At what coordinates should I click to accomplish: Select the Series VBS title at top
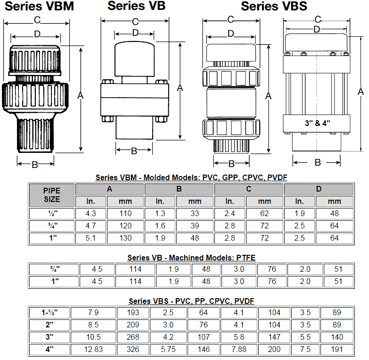[x=274, y=6]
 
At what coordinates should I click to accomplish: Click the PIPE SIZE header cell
[x=52, y=195]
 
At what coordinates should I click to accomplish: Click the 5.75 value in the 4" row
[x=168, y=350]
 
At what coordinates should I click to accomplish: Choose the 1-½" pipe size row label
[x=49, y=312]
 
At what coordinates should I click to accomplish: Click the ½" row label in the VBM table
[x=52, y=213]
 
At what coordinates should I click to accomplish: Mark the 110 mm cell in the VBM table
[x=125, y=213]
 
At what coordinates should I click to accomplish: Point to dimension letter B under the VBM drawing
[x=34, y=165]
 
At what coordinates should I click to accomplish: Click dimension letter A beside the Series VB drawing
[x=180, y=88]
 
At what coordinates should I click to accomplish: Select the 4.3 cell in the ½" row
[x=91, y=213]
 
